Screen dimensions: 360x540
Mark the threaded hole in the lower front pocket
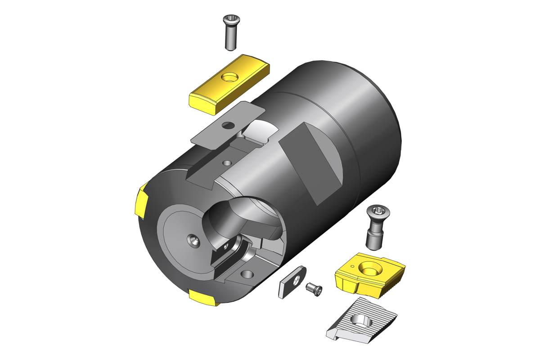coord(247,274)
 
